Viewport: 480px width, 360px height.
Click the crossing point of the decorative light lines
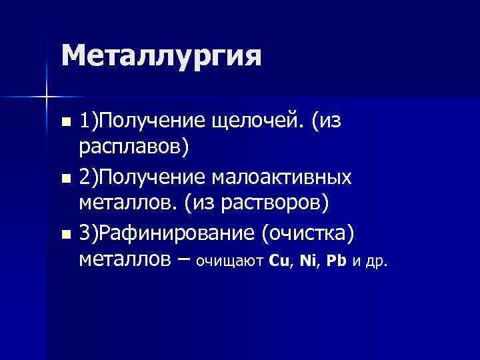pos(47,98)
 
